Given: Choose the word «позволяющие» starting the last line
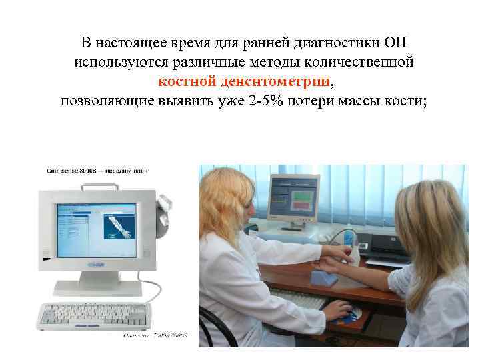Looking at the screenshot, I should coord(103,101).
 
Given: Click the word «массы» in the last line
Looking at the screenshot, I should coord(374,101).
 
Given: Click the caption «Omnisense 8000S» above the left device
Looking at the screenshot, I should coord(73,171).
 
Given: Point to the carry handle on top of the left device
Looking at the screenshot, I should coord(100,184).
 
